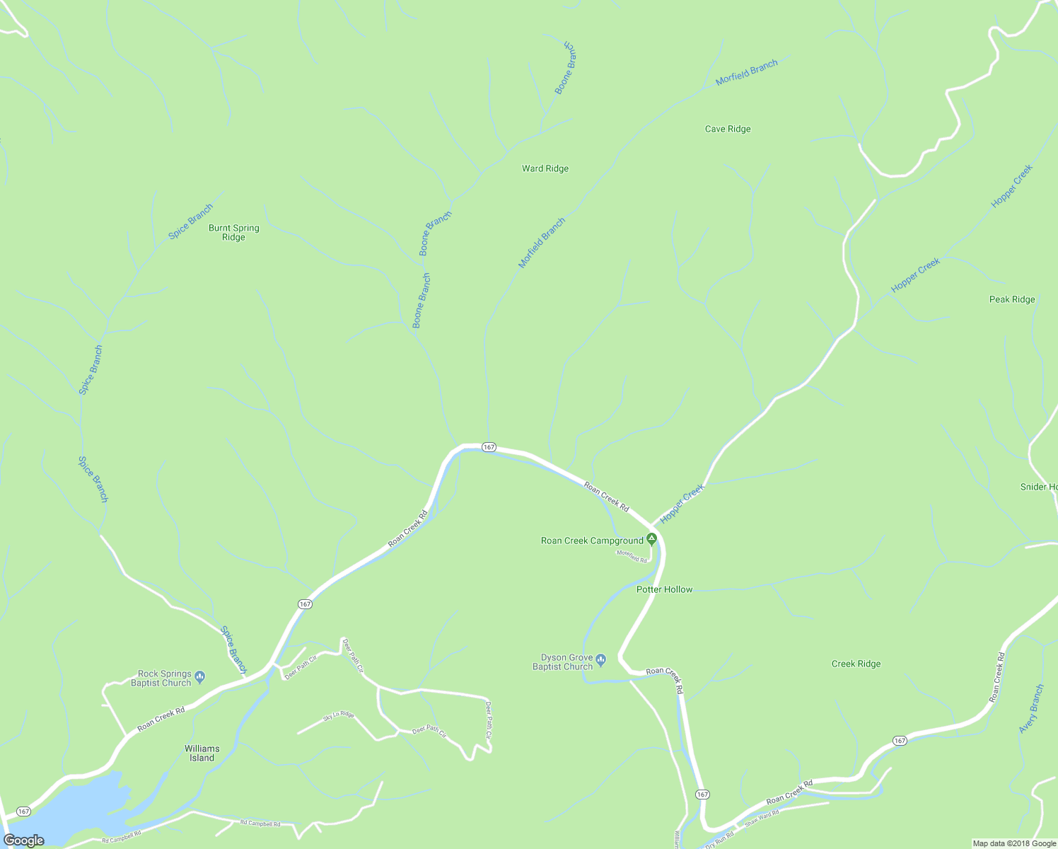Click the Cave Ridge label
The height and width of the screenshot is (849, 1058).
click(728, 129)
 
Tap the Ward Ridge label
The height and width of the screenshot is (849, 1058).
click(545, 168)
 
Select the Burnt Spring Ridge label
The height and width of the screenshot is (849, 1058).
click(233, 233)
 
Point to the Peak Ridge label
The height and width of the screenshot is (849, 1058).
click(1012, 299)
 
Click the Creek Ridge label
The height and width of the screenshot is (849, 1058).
click(856, 664)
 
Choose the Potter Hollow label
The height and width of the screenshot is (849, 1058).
click(664, 589)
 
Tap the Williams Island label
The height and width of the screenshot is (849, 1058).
click(202, 753)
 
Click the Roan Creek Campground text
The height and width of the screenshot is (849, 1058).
click(592, 541)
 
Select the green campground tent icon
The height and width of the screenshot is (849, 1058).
click(652, 539)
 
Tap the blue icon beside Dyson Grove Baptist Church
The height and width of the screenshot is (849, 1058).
click(601, 660)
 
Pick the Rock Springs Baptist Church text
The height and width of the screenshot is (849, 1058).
click(164, 678)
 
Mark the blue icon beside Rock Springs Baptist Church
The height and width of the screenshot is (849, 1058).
click(199, 677)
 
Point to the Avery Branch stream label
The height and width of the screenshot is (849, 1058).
click(1031, 709)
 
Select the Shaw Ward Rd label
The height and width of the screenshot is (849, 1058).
click(762, 817)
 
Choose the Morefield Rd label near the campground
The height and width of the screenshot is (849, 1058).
click(632, 556)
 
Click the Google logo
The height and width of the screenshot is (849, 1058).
click(24, 841)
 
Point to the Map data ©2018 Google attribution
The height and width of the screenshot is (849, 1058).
click(1013, 843)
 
